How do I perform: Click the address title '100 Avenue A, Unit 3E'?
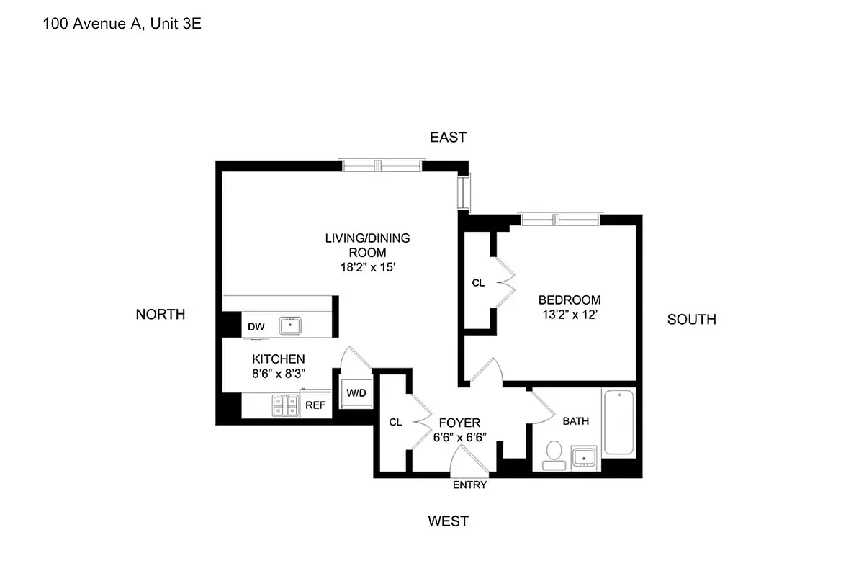(x=122, y=24)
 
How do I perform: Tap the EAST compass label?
(x=448, y=137)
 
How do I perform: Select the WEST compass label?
(x=448, y=521)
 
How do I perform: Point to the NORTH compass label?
(x=160, y=314)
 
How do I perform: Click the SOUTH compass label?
(x=691, y=320)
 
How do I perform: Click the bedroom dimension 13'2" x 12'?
(x=570, y=315)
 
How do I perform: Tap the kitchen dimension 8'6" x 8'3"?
(x=278, y=373)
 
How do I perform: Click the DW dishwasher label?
(x=256, y=326)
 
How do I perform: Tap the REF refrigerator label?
(x=315, y=405)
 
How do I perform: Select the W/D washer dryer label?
(x=356, y=393)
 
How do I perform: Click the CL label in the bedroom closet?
(x=478, y=283)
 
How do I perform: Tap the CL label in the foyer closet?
(x=395, y=423)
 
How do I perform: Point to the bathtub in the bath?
(x=618, y=423)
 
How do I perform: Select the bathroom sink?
(x=584, y=456)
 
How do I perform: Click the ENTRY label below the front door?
(x=469, y=485)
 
